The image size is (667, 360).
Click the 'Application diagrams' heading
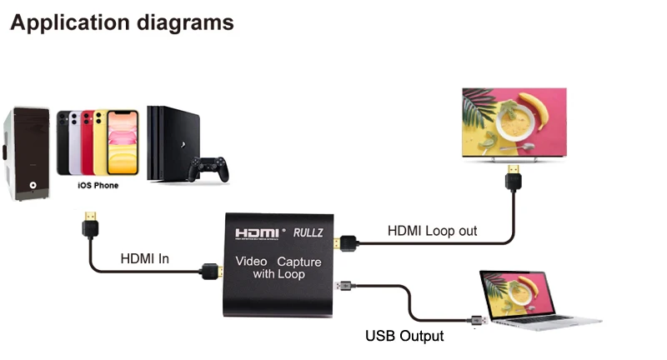(x=122, y=22)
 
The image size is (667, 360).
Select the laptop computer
(x=533, y=300)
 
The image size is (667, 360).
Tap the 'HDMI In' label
(x=145, y=259)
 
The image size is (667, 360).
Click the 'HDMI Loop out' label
(x=432, y=231)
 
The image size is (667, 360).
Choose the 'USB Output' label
(x=404, y=337)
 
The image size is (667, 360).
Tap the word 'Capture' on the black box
(x=299, y=261)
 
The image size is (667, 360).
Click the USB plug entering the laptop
(x=477, y=320)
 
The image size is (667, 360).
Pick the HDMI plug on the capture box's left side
(x=210, y=272)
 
